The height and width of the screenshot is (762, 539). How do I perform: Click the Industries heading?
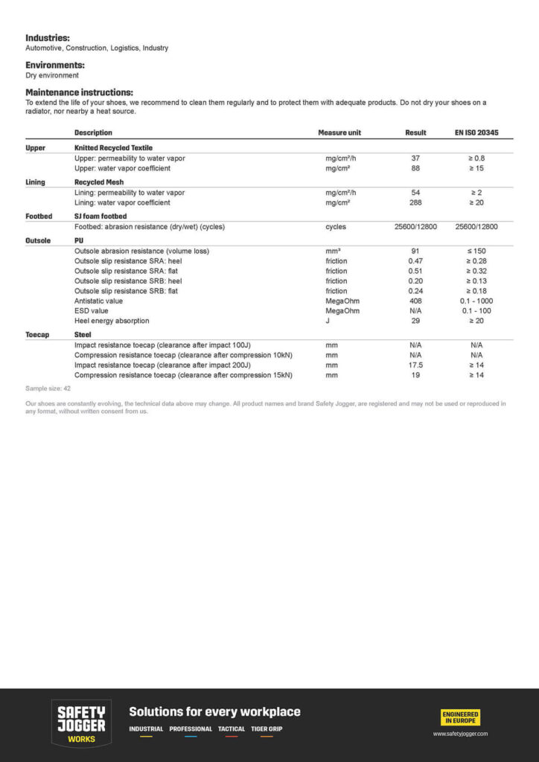click(x=48, y=37)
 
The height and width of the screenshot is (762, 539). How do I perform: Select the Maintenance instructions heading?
click(x=79, y=92)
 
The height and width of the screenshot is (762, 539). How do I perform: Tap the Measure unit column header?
click(x=339, y=132)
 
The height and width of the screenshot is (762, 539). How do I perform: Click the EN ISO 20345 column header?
click(x=476, y=132)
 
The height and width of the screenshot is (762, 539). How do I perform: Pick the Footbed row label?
click(x=39, y=217)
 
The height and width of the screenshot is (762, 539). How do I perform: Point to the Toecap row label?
click(x=38, y=335)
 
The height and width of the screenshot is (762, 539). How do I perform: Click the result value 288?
click(x=415, y=202)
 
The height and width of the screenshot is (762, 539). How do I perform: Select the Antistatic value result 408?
click(x=415, y=301)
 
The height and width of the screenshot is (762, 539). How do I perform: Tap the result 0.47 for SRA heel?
click(x=415, y=261)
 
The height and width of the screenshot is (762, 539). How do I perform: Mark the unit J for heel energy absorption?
click(x=328, y=321)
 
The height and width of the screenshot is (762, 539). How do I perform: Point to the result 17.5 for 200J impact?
click(x=415, y=365)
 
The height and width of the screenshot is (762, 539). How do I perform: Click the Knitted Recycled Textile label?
click(x=113, y=148)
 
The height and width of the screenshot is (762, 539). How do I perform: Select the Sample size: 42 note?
click(x=48, y=388)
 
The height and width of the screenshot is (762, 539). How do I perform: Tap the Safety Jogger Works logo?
click(x=81, y=723)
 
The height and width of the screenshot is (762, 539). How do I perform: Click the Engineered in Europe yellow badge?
click(x=461, y=717)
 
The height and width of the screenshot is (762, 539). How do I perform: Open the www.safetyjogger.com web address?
click(x=461, y=734)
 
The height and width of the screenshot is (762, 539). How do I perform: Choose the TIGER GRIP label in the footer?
click(x=267, y=729)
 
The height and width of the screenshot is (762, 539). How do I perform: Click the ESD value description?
click(x=92, y=310)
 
